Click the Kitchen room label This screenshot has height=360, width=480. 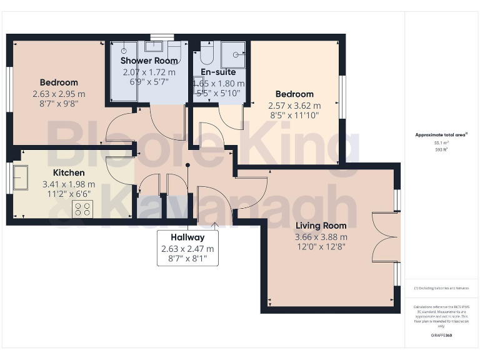pyautogui.click(x=69, y=172)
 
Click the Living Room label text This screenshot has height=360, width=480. pyautogui.click(x=321, y=226)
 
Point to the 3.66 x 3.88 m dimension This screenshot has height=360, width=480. pyautogui.click(x=321, y=237)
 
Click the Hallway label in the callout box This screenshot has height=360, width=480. pyautogui.click(x=187, y=237)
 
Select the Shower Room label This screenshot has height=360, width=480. pyautogui.click(x=149, y=61)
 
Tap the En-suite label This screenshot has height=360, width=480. pyautogui.click(x=218, y=72)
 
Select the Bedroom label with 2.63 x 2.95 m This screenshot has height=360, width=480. pyautogui.click(x=59, y=82)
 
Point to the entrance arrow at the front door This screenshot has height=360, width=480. pyautogui.click(x=215, y=226)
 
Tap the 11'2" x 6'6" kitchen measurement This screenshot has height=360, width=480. pyautogui.click(x=68, y=194)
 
